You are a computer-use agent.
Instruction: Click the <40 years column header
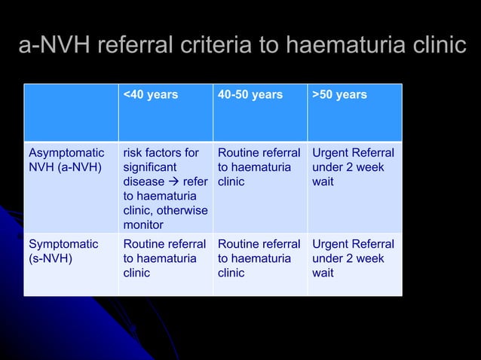(x=150, y=95)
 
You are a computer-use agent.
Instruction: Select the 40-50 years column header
(x=250, y=95)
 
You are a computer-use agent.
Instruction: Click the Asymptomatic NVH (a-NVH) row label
(x=66, y=160)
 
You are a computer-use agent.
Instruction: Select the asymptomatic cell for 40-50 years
(x=259, y=167)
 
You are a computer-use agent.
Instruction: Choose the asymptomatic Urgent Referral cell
(x=353, y=167)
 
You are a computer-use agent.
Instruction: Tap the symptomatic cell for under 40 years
(x=164, y=258)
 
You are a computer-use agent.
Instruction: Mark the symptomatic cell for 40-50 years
(x=259, y=258)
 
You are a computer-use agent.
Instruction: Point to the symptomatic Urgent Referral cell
(x=353, y=258)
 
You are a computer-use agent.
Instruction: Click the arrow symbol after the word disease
(x=173, y=182)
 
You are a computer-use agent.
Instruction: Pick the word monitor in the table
(x=143, y=224)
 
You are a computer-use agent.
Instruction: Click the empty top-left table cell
(x=70, y=111)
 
